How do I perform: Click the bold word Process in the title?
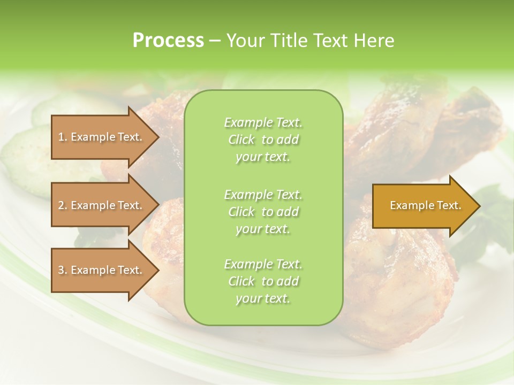(x=168, y=41)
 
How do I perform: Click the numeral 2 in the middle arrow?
(x=61, y=205)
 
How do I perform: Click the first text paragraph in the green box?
(x=263, y=140)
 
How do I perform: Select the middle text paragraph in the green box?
(x=263, y=211)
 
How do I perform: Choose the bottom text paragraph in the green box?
(x=263, y=281)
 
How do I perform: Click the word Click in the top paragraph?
(x=241, y=140)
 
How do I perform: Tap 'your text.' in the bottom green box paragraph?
(x=263, y=298)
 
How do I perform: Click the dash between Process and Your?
(x=215, y=41)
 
